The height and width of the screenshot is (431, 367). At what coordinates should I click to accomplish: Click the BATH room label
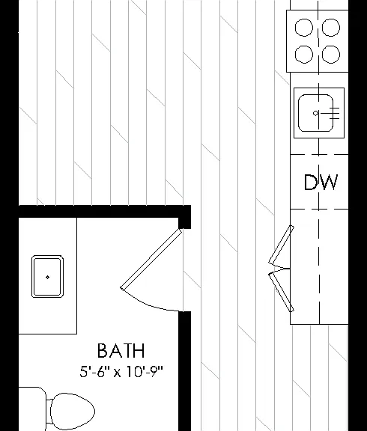click(x=121, y=350)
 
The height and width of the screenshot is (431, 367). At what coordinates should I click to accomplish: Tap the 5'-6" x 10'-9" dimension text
click(x=121, y=371)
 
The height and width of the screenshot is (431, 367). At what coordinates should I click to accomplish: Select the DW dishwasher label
click(x=321, y=182)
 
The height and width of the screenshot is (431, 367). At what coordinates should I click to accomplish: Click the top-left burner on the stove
click(x=304, y=28)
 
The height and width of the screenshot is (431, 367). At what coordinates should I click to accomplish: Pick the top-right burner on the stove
click(x=331, y=28)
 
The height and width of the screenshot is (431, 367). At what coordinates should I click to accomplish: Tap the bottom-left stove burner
click(x=304, y=54)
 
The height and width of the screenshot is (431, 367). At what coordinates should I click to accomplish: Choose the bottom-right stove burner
click(x=331, y=54)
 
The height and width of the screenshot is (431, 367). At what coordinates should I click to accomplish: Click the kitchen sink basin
click(x=315, y=113)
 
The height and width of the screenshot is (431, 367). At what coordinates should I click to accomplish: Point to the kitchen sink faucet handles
click(x=334, y=113)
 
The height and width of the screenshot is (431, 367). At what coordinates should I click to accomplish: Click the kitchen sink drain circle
click(x=316, y=113)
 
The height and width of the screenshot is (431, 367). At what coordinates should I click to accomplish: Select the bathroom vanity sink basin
click(x=48, y=277)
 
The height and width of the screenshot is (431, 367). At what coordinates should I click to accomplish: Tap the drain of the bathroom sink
click(x=48, y=277)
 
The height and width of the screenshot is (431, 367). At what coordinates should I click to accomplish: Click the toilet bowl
click(x=73, y=412)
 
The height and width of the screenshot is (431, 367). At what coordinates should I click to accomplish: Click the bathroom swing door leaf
click(x=151, y=259)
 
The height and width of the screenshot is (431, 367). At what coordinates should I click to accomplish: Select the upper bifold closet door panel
click(x=281, y=245)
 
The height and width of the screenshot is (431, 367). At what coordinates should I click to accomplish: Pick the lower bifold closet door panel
click(x=281, y=292)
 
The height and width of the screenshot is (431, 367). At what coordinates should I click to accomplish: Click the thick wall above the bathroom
click(x=105, y=212)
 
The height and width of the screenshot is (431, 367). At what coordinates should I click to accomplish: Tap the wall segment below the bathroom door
click(x=184, y=371)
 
